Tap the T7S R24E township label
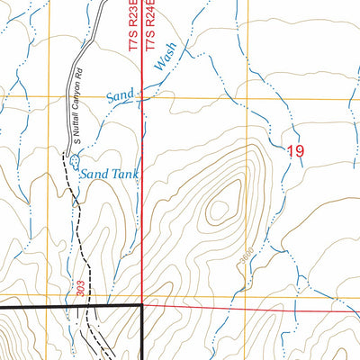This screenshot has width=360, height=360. click(x=152, y=24)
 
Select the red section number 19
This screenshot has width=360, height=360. click(x=294, y=151)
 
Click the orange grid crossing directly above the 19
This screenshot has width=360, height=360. click(x=247, y=97)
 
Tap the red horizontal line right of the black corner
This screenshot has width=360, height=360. click(x=252, y=310)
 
